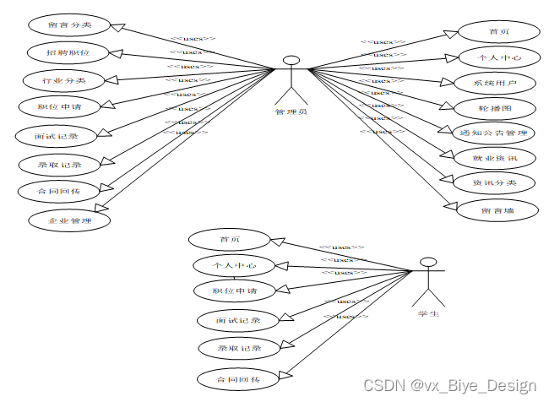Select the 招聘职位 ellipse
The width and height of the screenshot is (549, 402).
[68, 52]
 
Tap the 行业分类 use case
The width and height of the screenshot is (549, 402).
[65, 80]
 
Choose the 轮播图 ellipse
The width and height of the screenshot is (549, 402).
[495, 108]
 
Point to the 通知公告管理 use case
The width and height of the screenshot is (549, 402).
[494, 133]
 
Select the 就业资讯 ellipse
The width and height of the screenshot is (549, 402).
[494, 158]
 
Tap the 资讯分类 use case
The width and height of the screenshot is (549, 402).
[494, 182]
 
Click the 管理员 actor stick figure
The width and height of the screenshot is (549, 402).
[291, 79]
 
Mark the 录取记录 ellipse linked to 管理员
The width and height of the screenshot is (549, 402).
[60, 164]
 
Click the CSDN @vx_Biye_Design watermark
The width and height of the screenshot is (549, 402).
[449, 386]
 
